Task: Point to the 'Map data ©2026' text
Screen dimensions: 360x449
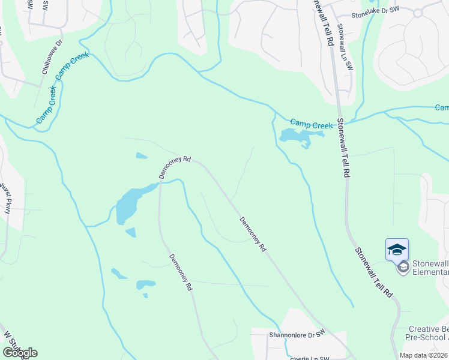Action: [x=423, y=355]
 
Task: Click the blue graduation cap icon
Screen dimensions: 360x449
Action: [x=397, y=249]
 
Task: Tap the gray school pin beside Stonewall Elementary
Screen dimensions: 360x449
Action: [x=403, y=266]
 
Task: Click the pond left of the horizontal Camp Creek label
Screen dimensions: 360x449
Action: [x=294, y=136]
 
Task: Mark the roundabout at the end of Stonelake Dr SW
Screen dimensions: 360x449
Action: [x=418, y=12]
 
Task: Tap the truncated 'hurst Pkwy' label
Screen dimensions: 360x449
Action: [x=6, y=198]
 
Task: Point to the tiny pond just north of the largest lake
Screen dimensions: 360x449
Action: [x=142, y=156]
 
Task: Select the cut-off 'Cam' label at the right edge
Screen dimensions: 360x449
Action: [x=442, y=108]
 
